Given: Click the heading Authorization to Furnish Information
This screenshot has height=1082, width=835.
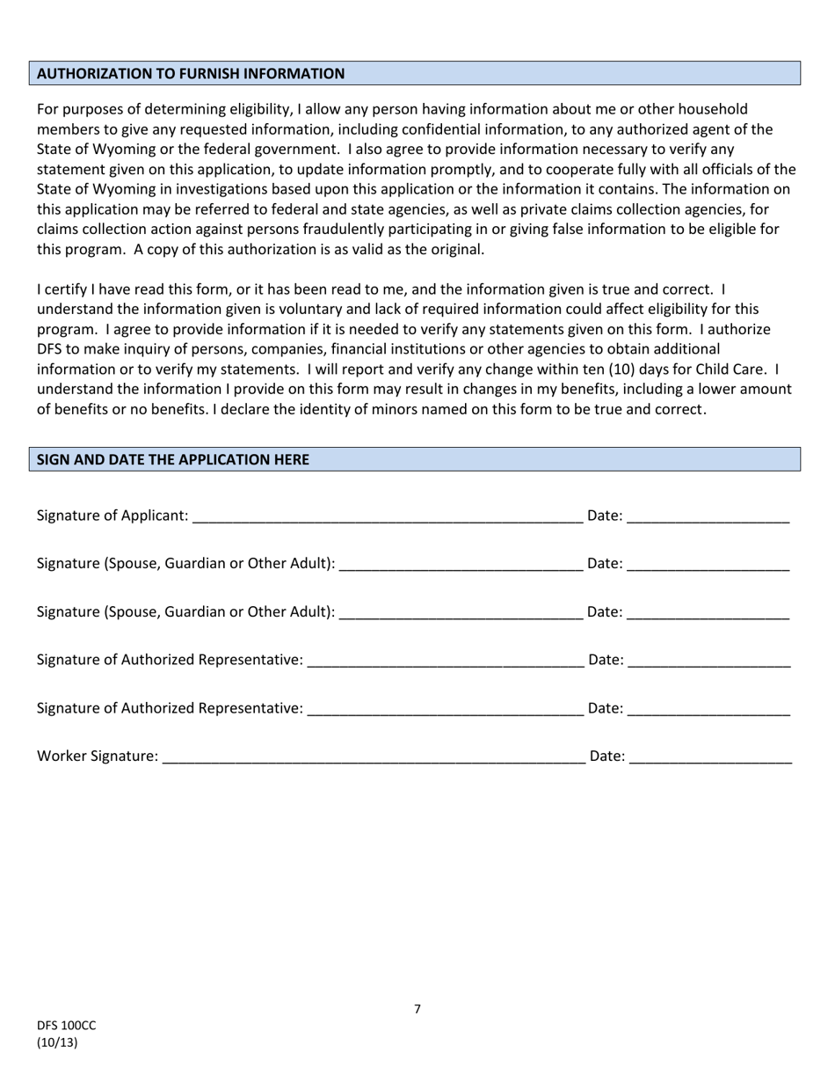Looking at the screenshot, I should tap(191, 74).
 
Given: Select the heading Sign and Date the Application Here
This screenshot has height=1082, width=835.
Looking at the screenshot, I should tap(172, 459).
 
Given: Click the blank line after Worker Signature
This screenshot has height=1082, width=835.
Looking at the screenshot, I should tap(374, 757).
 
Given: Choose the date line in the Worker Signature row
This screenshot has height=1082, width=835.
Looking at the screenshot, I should tap(710, 757).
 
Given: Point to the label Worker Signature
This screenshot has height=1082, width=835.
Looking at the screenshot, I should tap(98, 756).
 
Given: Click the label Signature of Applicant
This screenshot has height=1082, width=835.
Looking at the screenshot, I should tap(112, 515).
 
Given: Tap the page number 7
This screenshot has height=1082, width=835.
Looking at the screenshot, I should tap(417, 1009).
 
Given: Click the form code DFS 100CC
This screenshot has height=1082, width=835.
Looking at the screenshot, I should tap(66, 1026).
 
